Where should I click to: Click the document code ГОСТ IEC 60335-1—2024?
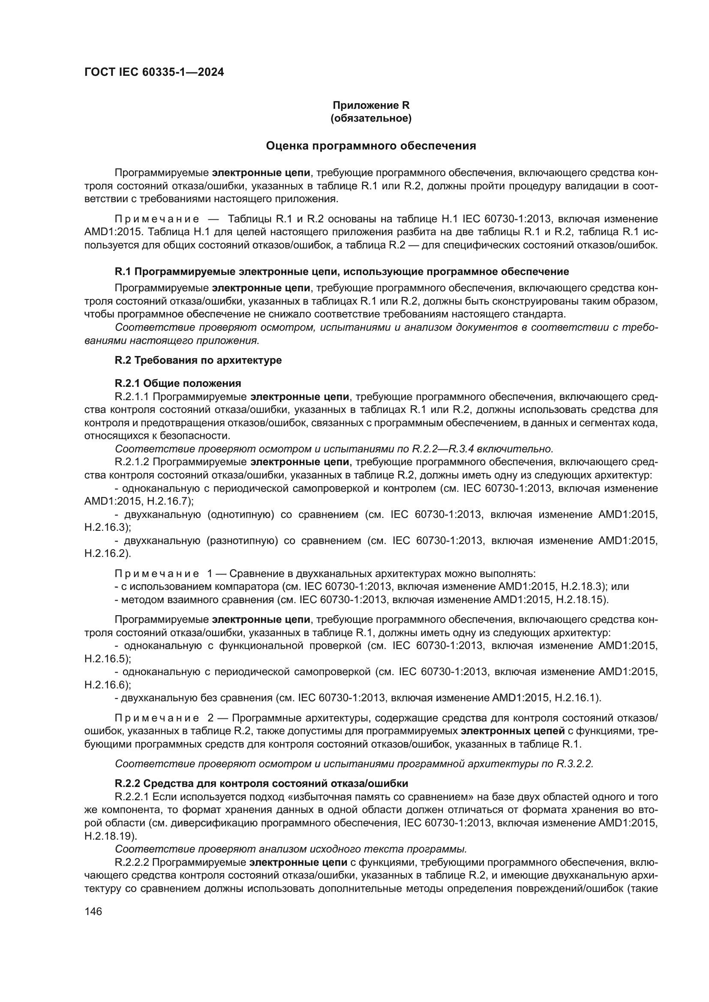coord(154,72)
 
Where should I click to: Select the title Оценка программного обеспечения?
coord(371,146)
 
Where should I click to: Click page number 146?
coord(93,911)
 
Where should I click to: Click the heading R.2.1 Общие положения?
coord(178,383)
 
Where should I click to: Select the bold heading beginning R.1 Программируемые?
coord(341,272)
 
